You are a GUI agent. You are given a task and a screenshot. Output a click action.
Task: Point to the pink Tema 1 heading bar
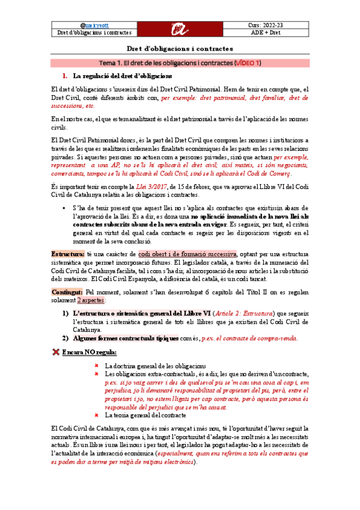[180, 63]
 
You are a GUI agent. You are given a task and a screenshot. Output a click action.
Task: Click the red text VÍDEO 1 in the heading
[246, 63]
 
